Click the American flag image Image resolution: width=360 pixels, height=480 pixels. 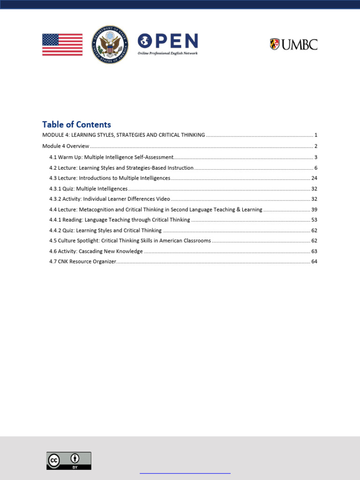[62, 45]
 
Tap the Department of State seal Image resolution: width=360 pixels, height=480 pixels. [110, 45]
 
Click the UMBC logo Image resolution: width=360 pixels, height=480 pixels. [293, 45]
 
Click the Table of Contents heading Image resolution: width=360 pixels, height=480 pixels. [76, 125]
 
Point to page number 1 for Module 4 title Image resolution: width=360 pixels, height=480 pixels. [316, 135]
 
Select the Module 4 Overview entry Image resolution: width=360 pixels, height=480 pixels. [66, 146]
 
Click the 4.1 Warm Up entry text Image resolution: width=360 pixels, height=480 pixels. [112, 157]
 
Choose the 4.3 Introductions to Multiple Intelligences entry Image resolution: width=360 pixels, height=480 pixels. [110, 178]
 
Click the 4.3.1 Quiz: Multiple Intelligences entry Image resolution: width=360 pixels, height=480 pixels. [88, 189]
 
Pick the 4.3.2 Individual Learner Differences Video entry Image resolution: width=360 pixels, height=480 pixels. [109, 199]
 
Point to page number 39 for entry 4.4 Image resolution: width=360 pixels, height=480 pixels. [315, 210]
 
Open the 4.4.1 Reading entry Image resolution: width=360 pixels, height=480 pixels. [120, 220]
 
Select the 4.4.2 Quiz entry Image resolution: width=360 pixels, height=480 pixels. [105, 231]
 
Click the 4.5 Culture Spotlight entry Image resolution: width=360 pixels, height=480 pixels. [130, 241]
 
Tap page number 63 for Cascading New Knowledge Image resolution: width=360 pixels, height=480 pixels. [315, 251]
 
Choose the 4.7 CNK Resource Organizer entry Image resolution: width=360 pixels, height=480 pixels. [82, 262]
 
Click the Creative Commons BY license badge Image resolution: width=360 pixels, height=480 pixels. [68, 461]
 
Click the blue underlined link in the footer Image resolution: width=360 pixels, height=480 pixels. [185, 473]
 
